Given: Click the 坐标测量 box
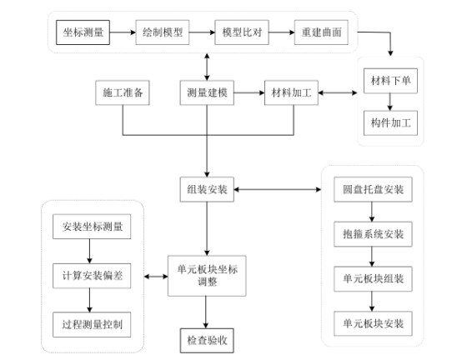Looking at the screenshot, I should point(84,32).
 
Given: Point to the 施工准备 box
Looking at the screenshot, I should point(123,92).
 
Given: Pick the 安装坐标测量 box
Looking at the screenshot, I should point(91,227).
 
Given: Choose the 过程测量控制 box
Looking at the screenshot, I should point(91,323).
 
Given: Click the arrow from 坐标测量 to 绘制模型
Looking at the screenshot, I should point(125,32).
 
